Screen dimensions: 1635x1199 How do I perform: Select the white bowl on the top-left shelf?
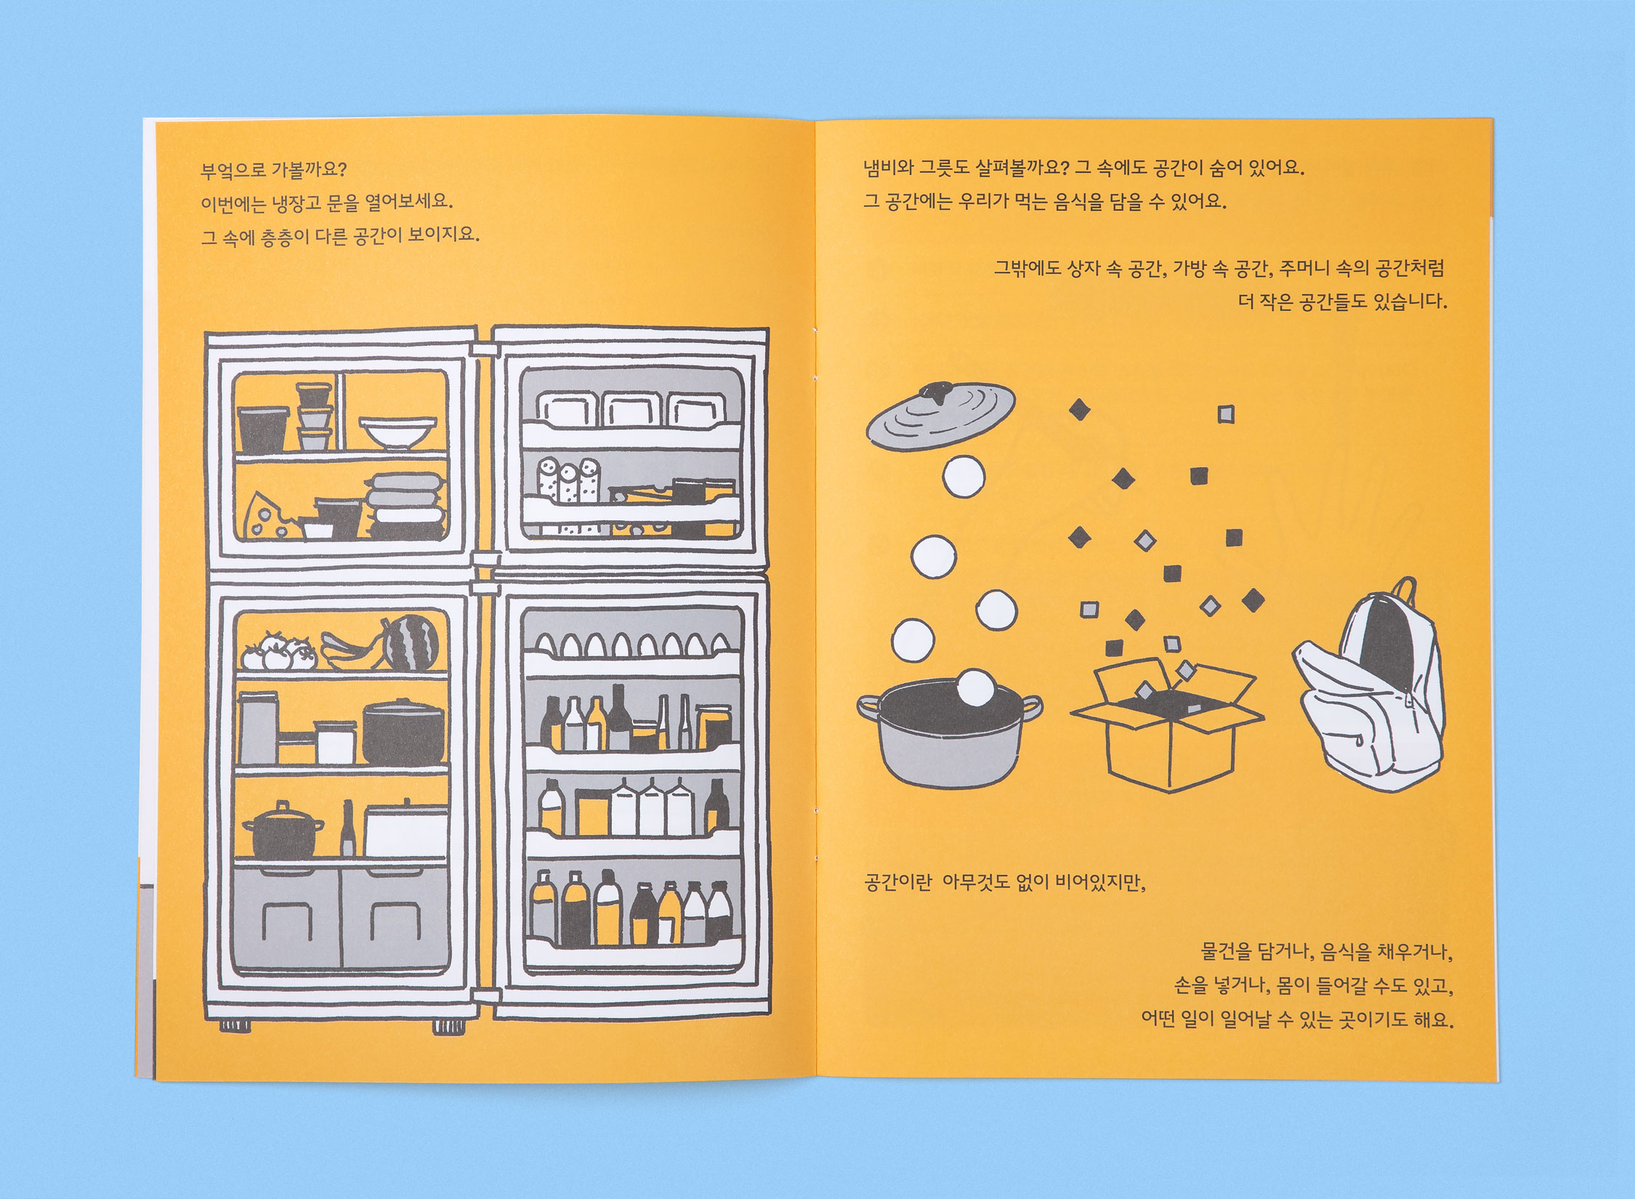point(397,433)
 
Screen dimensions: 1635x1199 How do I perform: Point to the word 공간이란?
point(897,882)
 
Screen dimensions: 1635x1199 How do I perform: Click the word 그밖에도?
point(1027,268)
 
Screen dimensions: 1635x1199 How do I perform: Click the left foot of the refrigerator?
point(235,1025)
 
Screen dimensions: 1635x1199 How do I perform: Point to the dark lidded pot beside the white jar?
point(403,732)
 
